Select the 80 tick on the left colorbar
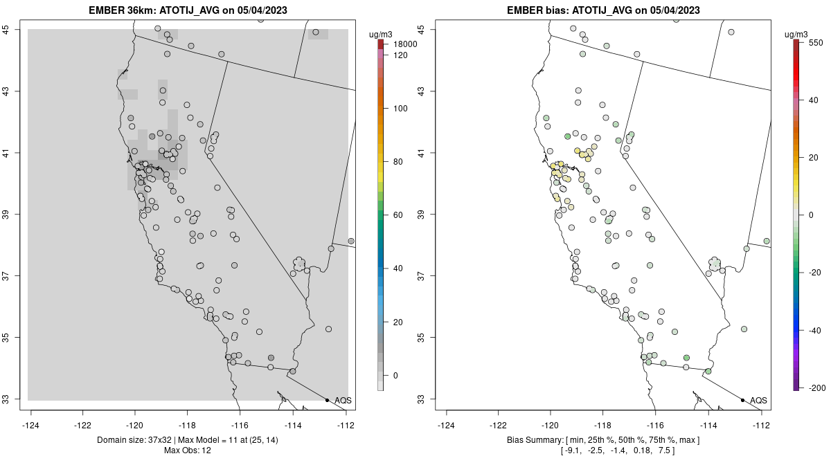(400, 162)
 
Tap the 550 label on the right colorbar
(815, 42)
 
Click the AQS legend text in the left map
(343, 400)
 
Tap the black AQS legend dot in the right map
(742, 400)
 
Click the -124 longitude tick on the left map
(31, 426)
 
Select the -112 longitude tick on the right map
(761, 426)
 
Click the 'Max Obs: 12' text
(188, 450)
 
